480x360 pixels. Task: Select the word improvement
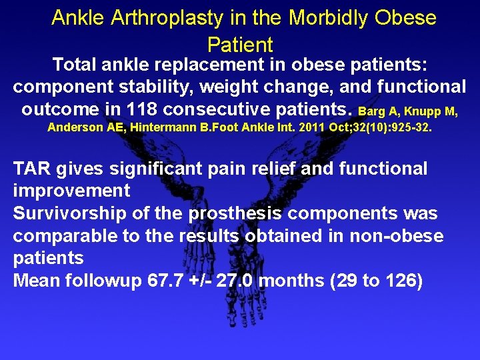pyautogui.click(x=72, y=191)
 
